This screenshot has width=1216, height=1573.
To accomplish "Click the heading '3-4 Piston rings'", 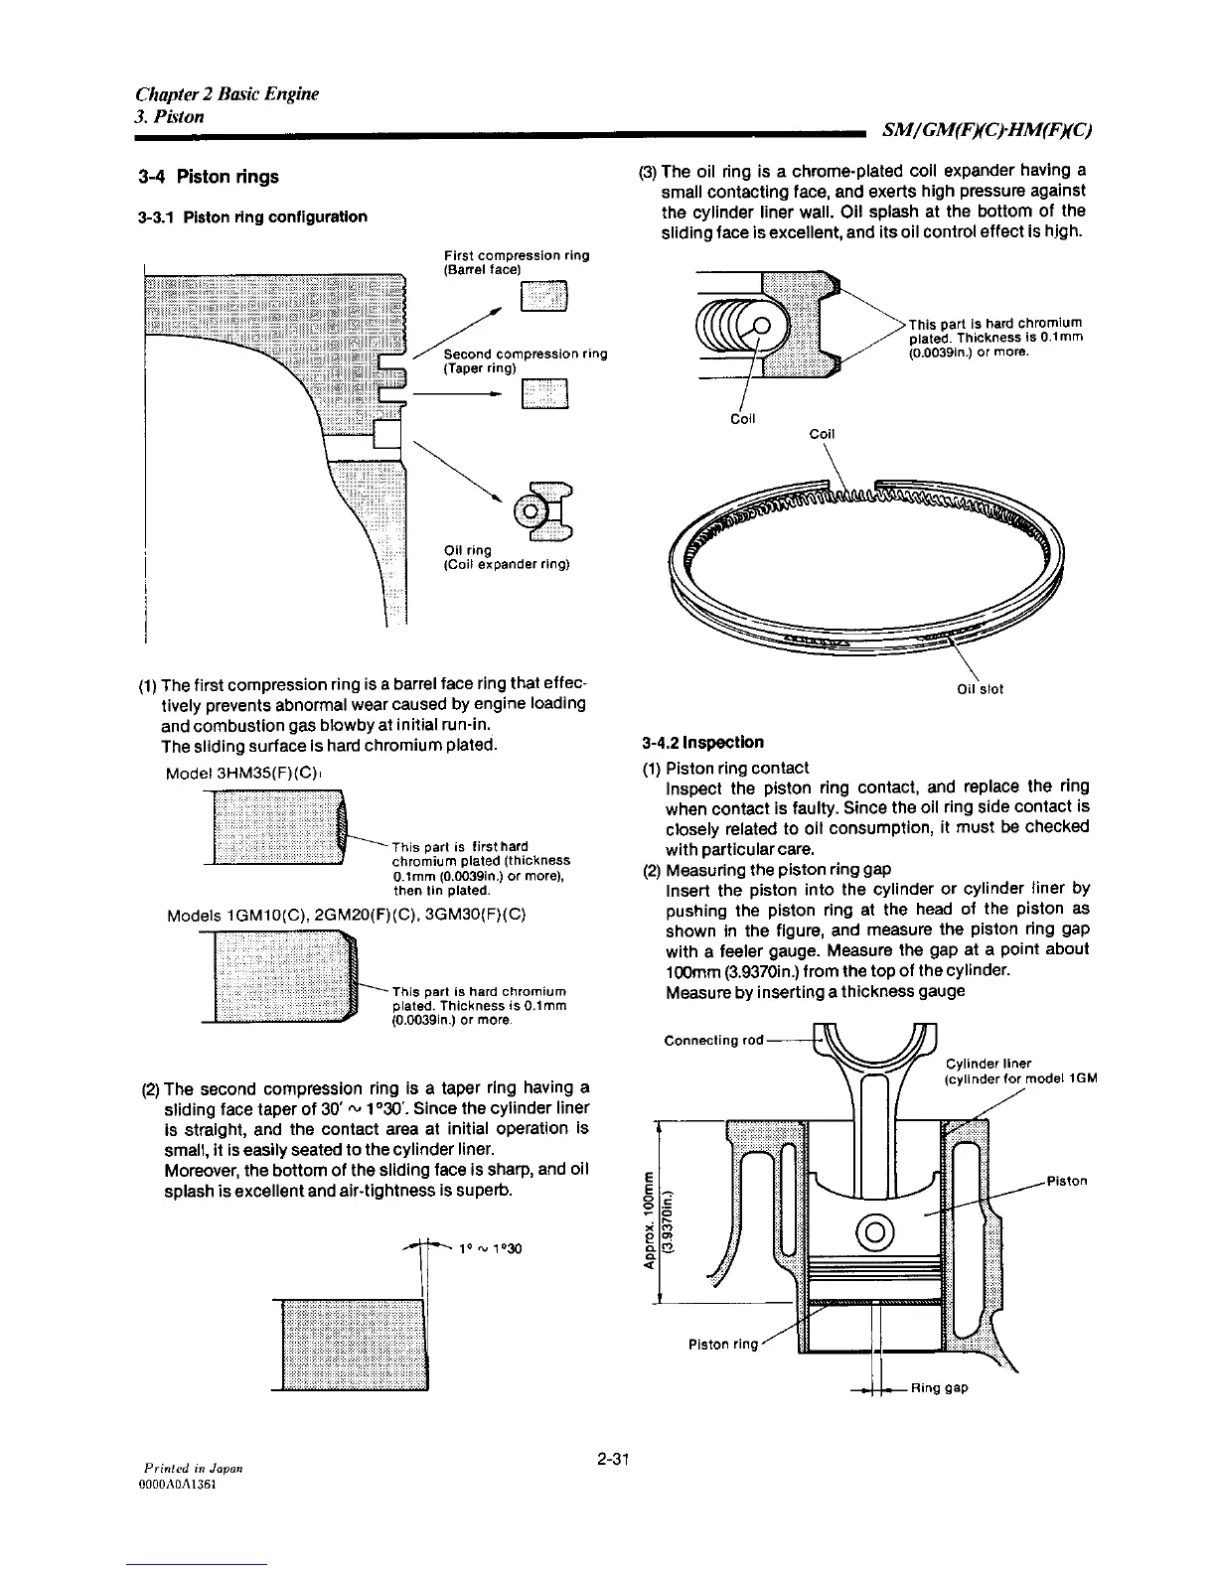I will tap(209, 178).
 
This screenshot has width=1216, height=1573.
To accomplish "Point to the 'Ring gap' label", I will tap(939, 1388).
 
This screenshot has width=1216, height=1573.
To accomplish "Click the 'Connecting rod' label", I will tap(713, 1040).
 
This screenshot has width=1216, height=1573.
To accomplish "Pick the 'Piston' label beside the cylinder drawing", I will tap(1067, 1181).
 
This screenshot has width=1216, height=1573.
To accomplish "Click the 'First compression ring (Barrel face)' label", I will tap(517, 262).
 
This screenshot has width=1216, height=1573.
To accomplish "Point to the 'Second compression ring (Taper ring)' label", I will tap(525, 360).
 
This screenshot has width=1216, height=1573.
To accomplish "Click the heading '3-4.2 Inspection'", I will tap(702, 742).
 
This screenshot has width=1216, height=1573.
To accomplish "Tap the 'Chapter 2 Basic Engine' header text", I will tap(227, 94).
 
